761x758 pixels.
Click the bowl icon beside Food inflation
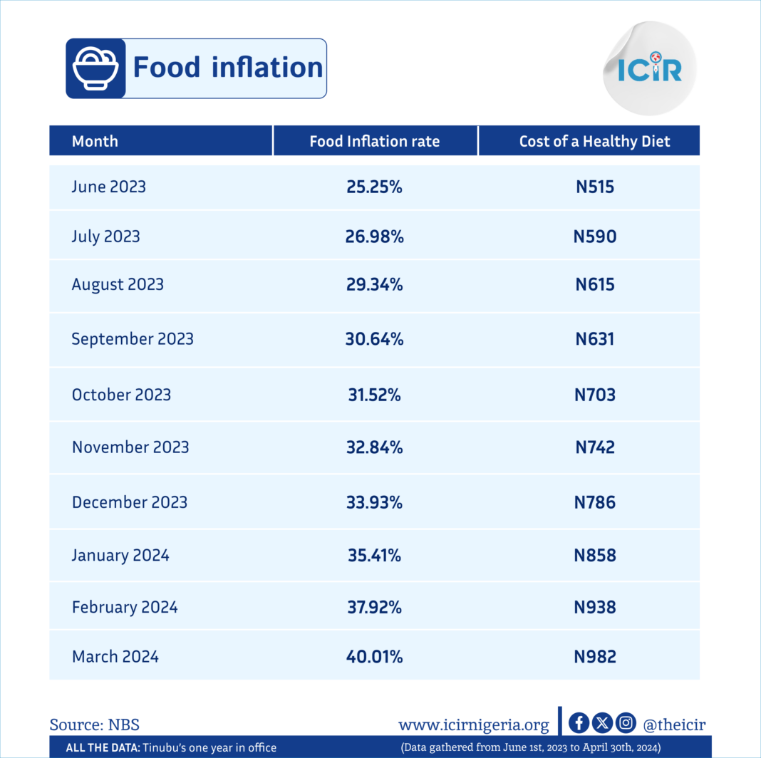[x=95, y=68]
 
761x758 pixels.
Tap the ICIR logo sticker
[x=650, y=68]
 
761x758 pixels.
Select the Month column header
[x=95, y=141]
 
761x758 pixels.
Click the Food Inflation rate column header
[x=375, y=141]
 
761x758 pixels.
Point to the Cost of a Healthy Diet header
[x=594, y=141]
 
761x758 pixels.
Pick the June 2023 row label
[x=109, y=187]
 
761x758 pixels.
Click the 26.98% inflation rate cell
[x=374, y=237]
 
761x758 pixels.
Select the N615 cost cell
[x=594, y=284]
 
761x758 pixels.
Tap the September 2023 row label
[x=133, y=338]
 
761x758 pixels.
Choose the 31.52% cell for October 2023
[x=374, y=395]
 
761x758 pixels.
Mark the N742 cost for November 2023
[x=594, y=447]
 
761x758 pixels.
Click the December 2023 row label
[x=130, y=502]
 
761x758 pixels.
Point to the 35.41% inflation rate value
[x=374, y=555]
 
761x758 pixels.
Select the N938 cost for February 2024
[x=594, y=607]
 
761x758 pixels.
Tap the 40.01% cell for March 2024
[x=374, y=657]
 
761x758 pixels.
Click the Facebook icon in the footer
[x=579, y=723]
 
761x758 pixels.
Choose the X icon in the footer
[x=602, y=723]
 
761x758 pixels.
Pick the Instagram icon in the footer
[x=626, y=723]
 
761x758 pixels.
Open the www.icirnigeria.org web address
[x=474, y=725]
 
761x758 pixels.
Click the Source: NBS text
[x=95, y=725]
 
